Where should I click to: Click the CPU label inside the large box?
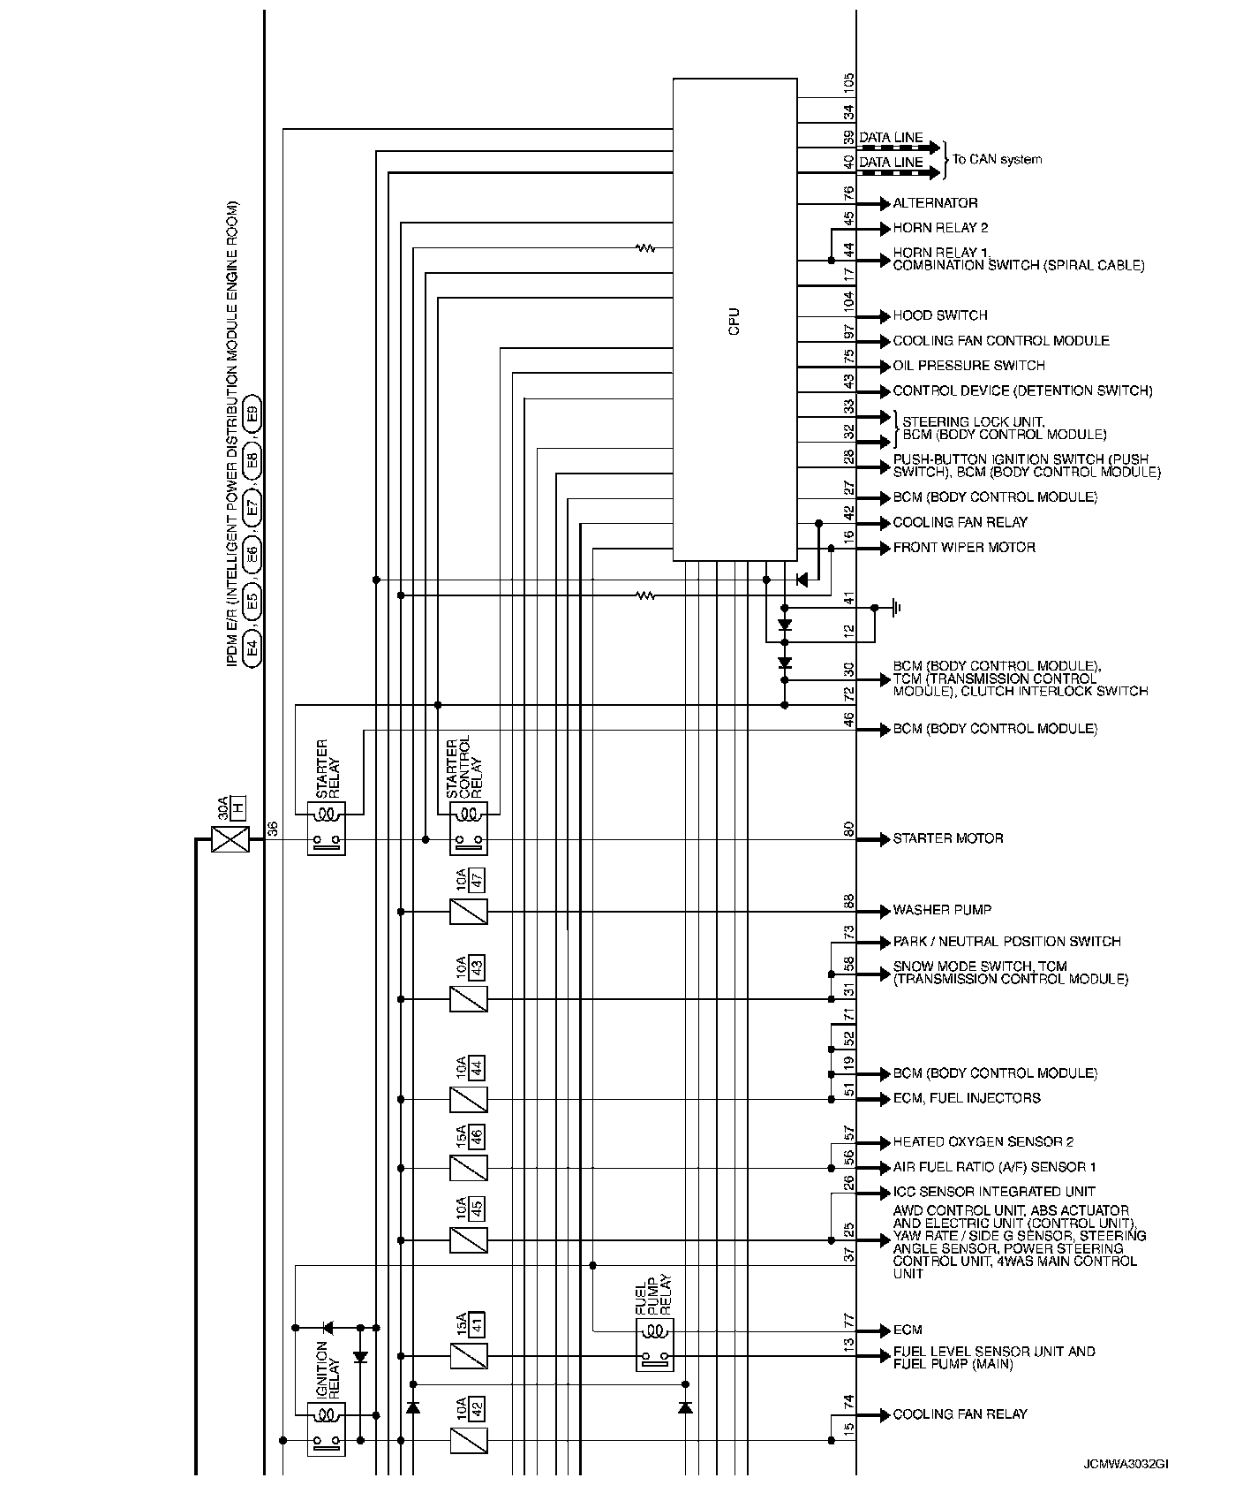click(x=734, y=321)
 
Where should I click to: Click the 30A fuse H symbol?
click(x=230, y=839)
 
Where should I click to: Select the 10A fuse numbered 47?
click(x=468, y=911)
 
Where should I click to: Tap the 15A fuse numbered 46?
click(x=468, y=1168)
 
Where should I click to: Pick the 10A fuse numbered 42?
click(x=468, y=1441)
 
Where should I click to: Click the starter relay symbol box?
click(x=326, y=828)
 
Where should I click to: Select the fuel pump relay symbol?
click(x=654, y=1345)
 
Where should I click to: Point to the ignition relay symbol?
click(x=326, y=1429)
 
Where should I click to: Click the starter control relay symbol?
click(x=469, y=828)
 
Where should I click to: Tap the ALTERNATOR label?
click(x=935, y=203)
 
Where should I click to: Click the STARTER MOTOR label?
click(x=947, y=838)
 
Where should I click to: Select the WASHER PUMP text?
click(x=941, y=910)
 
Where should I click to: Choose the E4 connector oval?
click(x=252, y=648)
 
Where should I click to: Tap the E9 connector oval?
click(x=252, y=413)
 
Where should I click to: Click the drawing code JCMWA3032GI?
click(x=1126, y=1464)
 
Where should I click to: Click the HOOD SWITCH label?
click(x=939, y=315)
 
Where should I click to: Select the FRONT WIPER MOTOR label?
click(x=964, y=548)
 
